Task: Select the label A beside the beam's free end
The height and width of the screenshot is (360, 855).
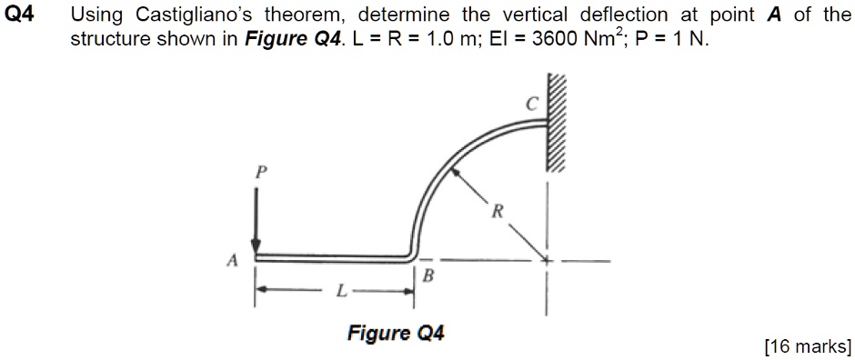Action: (232, 261)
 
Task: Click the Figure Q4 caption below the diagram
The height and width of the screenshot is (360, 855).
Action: (395, 333)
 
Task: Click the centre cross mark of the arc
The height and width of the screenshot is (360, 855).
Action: (547, 261)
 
